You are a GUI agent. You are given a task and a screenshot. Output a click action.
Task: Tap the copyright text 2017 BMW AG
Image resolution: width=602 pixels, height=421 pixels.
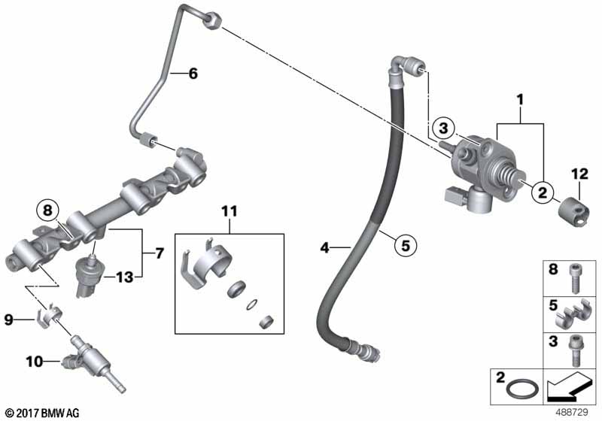[x=41, y=412]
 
